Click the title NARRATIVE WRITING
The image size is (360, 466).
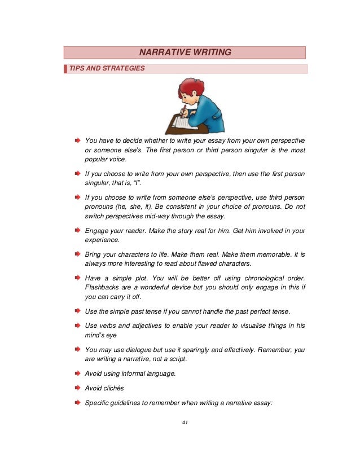(x=185, y=52)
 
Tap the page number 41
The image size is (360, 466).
(x=185, y=423)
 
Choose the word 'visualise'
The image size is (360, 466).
(x=254, y=326)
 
